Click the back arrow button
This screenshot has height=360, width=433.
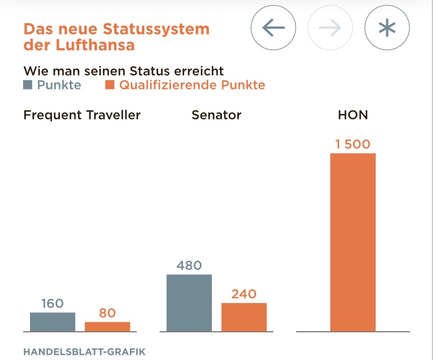[273, 28]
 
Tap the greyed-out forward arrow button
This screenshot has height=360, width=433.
[330, 28]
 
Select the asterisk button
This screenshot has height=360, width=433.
[387, 28]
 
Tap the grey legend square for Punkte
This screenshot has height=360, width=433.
[28, 85]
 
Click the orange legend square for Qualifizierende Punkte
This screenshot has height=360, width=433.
[110, 85]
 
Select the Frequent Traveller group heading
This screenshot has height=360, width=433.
[82, 115]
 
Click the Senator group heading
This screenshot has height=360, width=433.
[216, 115]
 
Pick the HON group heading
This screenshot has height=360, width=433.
[353, 115]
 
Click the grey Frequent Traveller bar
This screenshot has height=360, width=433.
[53, 322]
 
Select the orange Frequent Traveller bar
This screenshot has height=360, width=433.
[107, 327]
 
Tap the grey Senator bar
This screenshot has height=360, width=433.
[189, 303]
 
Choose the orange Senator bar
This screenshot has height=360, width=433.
[244, 317]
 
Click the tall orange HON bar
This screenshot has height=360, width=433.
[353, 242]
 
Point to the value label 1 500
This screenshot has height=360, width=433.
[353, 144]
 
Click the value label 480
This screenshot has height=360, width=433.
[189, 265]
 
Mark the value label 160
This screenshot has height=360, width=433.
[53, 303]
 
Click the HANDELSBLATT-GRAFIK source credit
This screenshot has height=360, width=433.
[84, 351]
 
